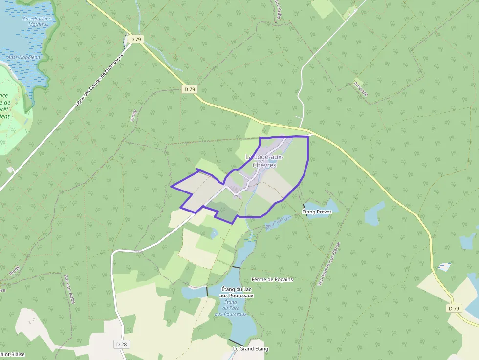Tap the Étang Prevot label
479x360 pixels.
click(x=317, y=212)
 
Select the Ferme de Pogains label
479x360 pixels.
click(x=272, y=279)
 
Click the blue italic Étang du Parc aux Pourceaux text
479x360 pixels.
click(x=230, y=308)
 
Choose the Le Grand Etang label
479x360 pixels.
click(x=250, y=349)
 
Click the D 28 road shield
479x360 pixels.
click(x=122, y=344)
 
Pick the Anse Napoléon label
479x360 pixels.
click(x=23, y=57)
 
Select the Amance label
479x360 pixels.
click(x=360, y=88)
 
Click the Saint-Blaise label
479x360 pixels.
click(x=13, y=354)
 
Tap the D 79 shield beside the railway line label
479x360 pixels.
click(x=135, y=39)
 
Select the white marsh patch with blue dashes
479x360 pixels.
click(x=444, y=267)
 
